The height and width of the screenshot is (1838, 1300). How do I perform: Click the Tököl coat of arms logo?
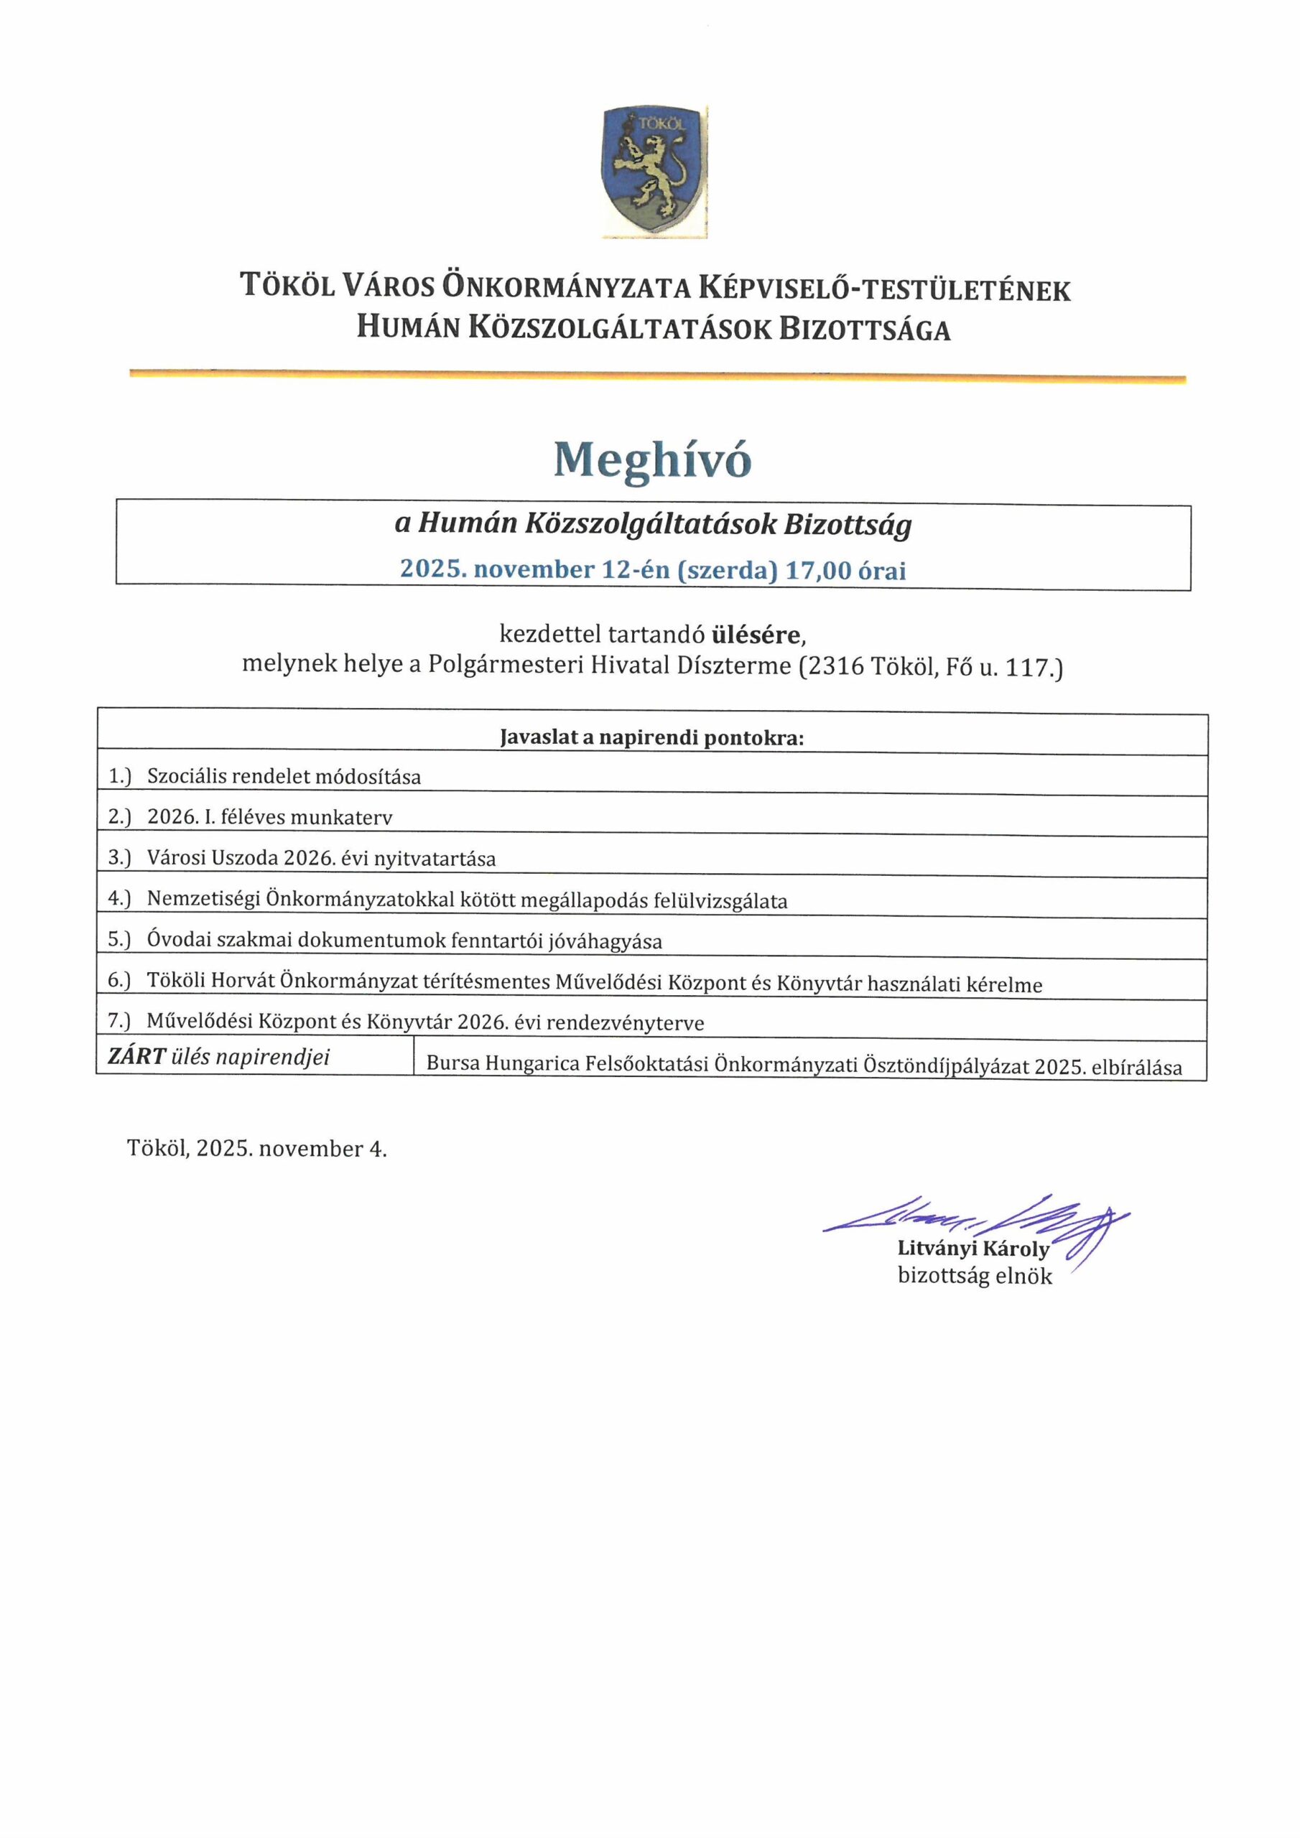coord(654,172)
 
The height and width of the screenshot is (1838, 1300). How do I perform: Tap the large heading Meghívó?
coord(653,460)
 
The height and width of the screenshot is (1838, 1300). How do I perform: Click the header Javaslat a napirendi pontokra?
coord(651,737)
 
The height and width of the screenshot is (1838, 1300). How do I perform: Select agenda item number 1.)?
coord(119,775)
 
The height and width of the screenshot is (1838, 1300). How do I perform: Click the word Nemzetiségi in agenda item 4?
coord(203,900)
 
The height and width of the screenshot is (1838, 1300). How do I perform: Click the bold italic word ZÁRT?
coord(136,1057)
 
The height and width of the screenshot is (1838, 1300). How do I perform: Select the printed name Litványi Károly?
coord(972,1248)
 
